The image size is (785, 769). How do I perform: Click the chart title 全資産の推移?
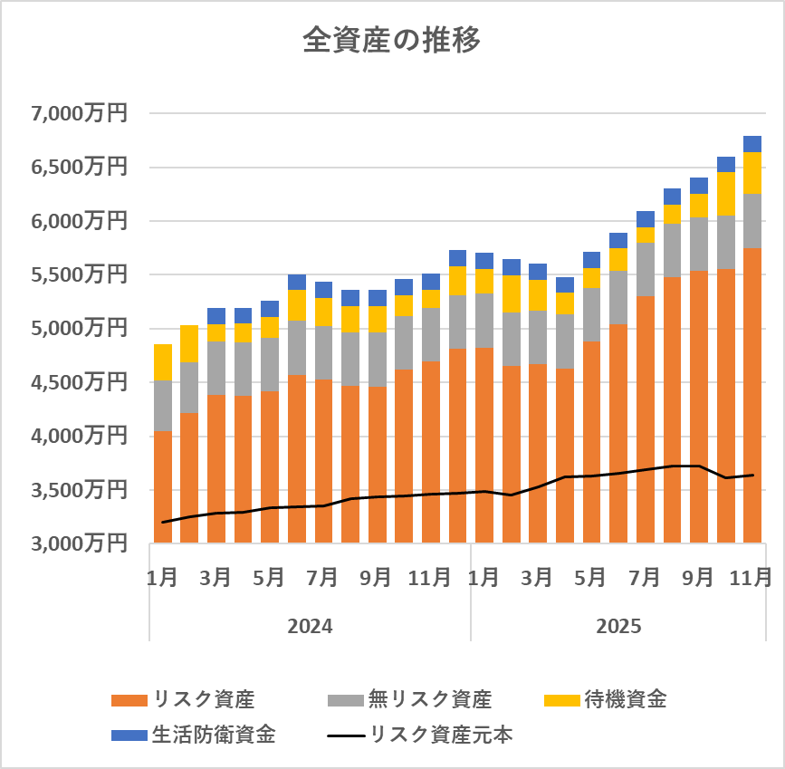coord(391,41)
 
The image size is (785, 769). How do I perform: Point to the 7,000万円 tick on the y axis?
coord(79,113)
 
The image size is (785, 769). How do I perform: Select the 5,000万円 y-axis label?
coord(79,329)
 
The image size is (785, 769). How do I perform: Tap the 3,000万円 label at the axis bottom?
coord(79,544)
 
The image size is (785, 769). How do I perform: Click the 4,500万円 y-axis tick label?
coord(79,383)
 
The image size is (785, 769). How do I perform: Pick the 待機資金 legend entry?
coord(625,699)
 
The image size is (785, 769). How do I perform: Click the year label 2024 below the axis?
coord(310,626)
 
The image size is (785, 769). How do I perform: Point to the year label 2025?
coord(618,626)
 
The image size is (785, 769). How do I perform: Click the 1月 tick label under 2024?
coord(163,577)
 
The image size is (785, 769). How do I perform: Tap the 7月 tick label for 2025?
coord(645,577)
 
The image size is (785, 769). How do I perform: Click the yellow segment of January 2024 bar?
coord(163,362)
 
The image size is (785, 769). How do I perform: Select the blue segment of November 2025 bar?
coord(752,144)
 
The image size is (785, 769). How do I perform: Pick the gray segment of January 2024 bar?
coord(163,406)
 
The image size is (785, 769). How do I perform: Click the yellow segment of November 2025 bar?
coord(752,173)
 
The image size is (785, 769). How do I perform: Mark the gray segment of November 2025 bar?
coord(752,220)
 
